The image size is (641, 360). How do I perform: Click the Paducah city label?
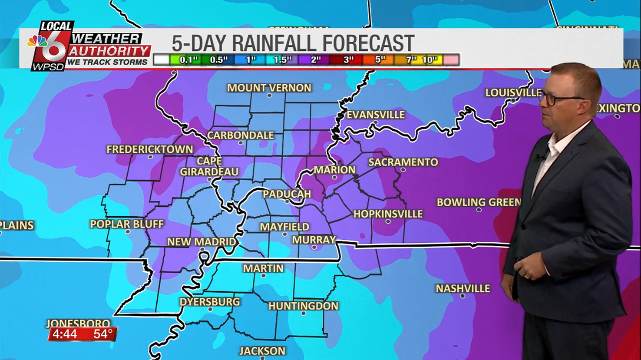point(287,194)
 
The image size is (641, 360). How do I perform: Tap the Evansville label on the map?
point(375,115)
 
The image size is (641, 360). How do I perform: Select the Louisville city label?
point(513,92)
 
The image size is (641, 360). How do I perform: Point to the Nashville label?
point(463,288)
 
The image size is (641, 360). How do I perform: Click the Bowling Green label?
point(479,202)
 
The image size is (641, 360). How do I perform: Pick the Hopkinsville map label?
point(387,214)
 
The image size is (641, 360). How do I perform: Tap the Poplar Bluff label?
point(127,224)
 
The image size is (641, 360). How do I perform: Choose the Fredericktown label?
point(150,149)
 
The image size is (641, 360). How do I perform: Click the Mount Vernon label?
point(269,88)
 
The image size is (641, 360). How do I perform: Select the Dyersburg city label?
point(210,301)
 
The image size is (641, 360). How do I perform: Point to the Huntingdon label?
point(303,306)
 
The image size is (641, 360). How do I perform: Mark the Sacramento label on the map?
point(403,162)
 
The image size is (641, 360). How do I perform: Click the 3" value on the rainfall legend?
point(348,60)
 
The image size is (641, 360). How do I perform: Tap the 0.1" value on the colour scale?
point(188,60)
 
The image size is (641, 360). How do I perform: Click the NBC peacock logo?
point(37,41)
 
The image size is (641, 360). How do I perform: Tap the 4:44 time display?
point(65,334)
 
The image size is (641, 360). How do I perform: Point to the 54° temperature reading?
point(103,334)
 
